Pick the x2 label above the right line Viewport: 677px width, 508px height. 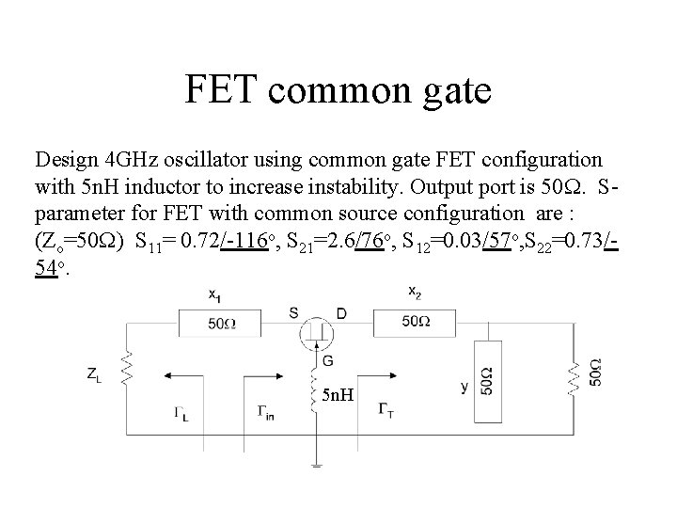click(414, 293)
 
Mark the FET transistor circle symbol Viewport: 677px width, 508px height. click(316, 331)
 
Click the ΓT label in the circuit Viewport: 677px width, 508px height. click(386, 408)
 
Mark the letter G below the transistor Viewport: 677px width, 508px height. click(327, 359)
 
